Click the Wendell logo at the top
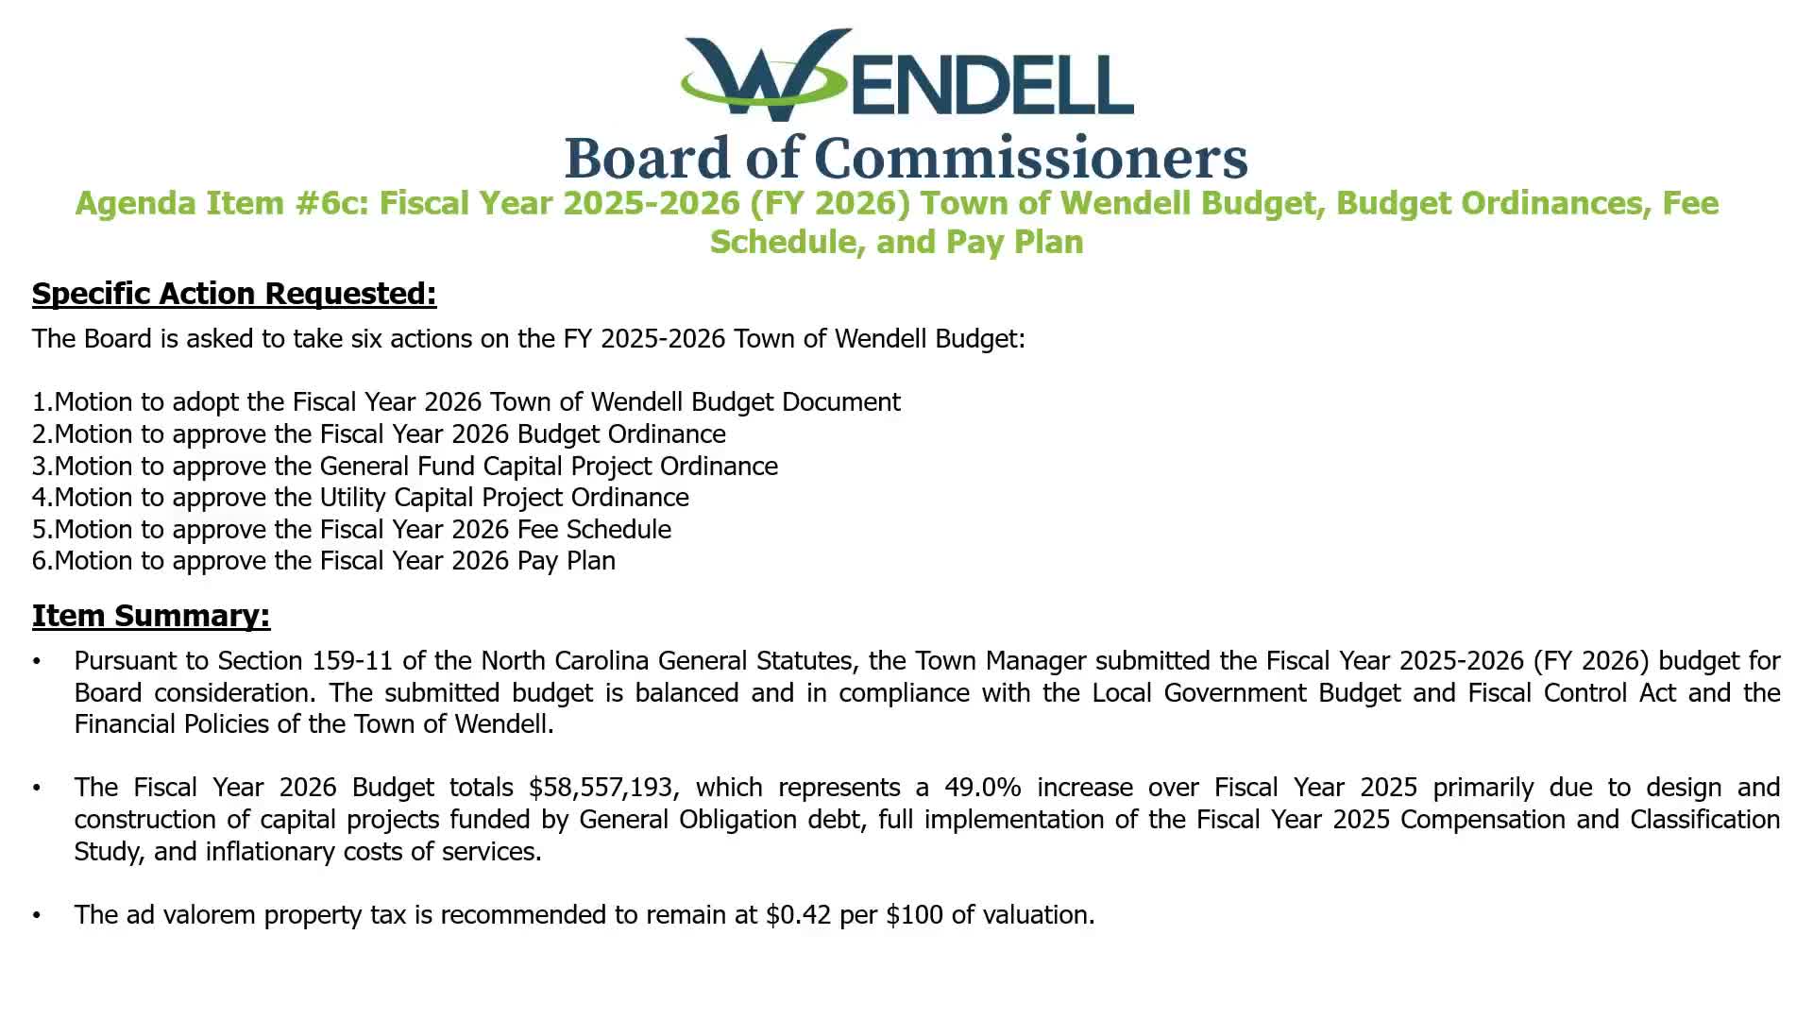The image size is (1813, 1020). click(906, 76)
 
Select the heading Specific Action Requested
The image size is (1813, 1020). click(234, 294)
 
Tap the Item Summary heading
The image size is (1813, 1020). click(151, 616)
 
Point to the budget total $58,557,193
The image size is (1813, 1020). click(602, 788)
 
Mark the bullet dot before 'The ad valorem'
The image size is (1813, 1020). click(37, 915)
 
